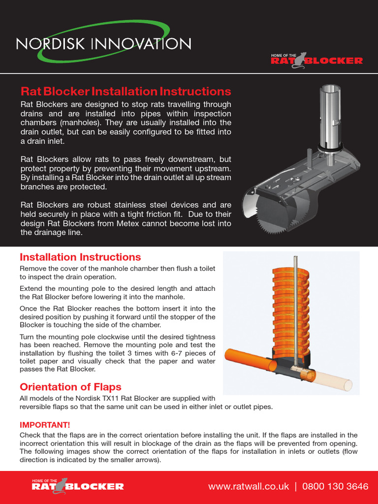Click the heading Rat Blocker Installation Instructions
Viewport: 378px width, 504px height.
click(126, 92)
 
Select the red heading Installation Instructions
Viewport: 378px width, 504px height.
click(80, 257)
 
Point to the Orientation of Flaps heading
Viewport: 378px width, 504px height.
click(70, 387)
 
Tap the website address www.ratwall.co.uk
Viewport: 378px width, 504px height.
click(249, 486)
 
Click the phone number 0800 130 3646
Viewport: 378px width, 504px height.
click(335, 486)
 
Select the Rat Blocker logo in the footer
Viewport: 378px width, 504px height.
click(77, 486)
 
